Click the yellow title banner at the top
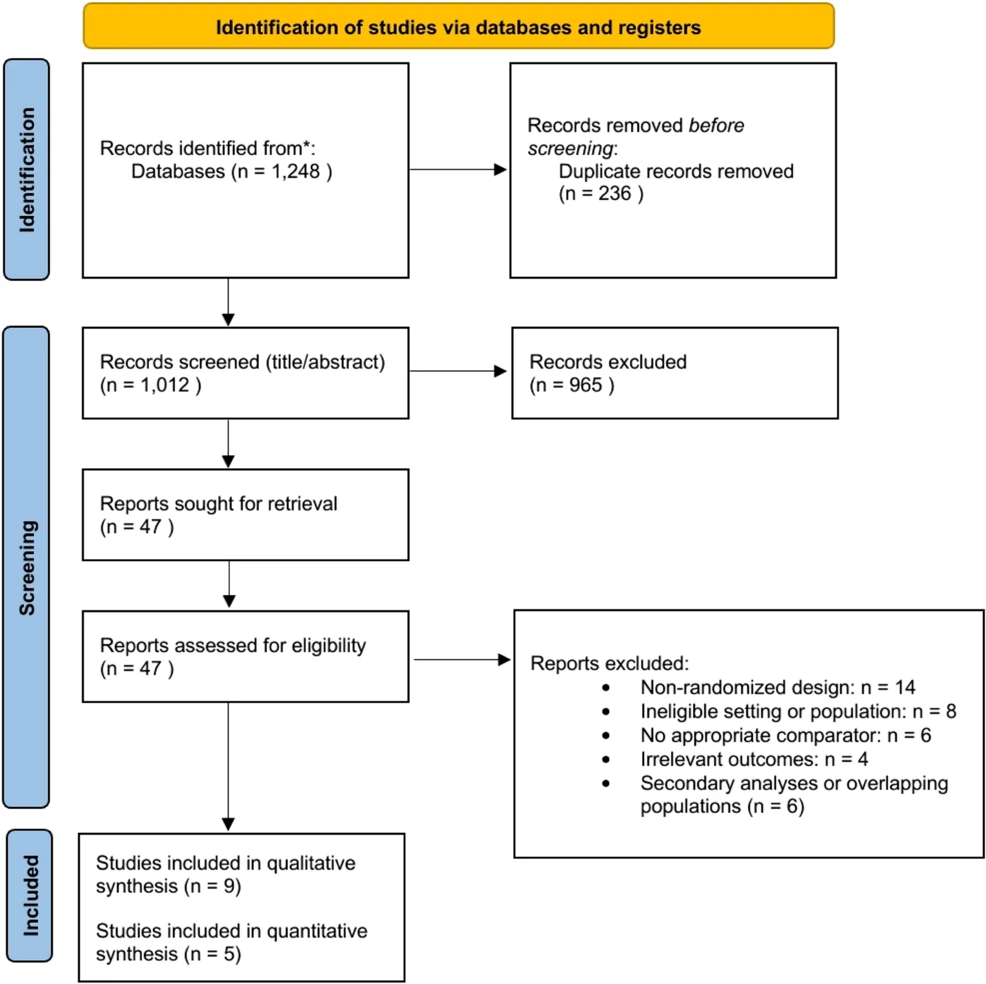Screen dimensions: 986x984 458,26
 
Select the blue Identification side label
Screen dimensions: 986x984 26,169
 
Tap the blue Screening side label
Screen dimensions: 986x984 26,567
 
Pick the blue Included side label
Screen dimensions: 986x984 30,895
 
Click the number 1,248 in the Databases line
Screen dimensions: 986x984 296,171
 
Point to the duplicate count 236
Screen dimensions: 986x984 614,193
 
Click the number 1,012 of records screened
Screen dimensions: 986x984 165,385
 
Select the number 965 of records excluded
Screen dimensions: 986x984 585,385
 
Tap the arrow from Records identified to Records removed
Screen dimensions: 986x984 458,169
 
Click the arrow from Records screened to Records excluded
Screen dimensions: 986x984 458,371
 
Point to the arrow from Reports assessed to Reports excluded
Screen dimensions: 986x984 462,659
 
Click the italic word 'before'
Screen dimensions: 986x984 716,126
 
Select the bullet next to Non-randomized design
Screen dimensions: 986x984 606,688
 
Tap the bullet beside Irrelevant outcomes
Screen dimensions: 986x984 606,760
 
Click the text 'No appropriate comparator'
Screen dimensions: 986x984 760,735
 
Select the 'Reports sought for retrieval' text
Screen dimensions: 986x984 219,504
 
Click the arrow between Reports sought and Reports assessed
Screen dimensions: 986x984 229,584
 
